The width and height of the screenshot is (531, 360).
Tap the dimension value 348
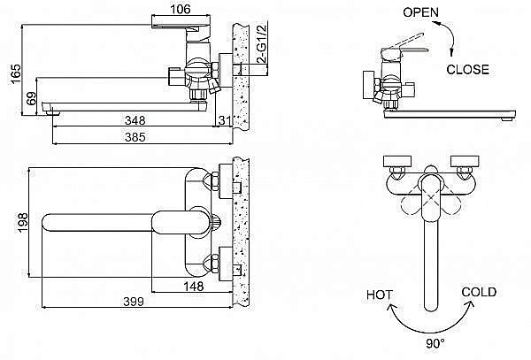tap(135, 119)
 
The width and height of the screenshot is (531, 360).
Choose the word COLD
tap(478, 292)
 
